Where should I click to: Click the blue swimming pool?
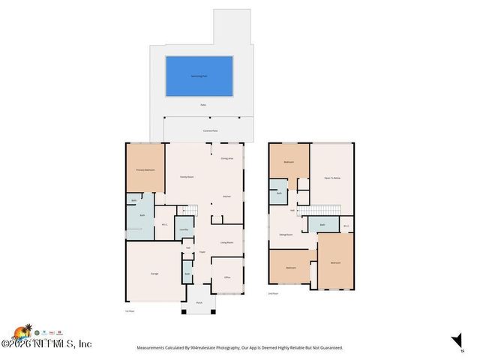pyautogui.click(x=198, y=76)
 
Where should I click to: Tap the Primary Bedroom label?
pyautogui.click(x=145, y=171)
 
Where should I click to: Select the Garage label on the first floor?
pyautogui.click(x=154, y=274)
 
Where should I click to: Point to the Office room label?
pyautogui.click(x=227, y=277)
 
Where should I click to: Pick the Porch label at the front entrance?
pyautogui.click(x=199, y=302)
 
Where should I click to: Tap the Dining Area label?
pyautogui.click(x=226, y=159)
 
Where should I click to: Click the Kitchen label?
pyautogui.click(x=226, y=197)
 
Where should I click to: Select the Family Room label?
pyautogui.click(x=187, y=177)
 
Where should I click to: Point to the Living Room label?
pyautogui.click(x=226, y=243)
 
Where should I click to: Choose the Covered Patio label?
pyautogui.click(x=211, y=130)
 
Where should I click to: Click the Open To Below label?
pyautogui.click(x=332, y=178)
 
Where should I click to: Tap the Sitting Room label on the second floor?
pyautogui.click(x=286, y=235)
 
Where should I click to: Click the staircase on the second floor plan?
pyautogui.click(x=322, y=209)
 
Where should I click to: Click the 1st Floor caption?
pyautogui.click(x=129, y=311)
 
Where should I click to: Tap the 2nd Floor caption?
pyautogui.click(x=274, y=294)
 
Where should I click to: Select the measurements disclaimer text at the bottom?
pyautogui.click(x=239, y=348)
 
